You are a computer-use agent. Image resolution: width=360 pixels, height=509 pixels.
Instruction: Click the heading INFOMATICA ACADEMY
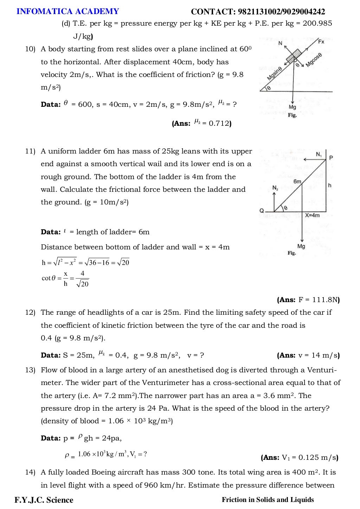pos(68,12)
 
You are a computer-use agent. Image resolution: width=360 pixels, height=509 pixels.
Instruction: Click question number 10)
pos(30,49)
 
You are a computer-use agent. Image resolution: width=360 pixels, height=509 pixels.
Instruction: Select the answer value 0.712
pos(219,124)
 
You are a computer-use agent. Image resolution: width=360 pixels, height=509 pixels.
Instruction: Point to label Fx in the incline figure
pos(321,42)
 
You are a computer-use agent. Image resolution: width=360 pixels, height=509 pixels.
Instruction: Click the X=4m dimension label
pos(312,215)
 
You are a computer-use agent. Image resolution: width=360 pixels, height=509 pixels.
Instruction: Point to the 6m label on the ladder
pos(297,181)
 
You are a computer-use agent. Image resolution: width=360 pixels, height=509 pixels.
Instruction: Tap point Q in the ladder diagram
pos(262,211)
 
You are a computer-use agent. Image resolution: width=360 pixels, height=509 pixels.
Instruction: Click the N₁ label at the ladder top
pos(319,155)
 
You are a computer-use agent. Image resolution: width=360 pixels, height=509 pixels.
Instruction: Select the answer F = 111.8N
pos(319,300)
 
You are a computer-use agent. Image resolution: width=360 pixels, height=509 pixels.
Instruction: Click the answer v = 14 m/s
pos(319,355)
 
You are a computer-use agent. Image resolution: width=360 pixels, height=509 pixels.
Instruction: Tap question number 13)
pos(30,370)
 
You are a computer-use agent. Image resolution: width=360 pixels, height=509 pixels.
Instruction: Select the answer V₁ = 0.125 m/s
pos(309,458)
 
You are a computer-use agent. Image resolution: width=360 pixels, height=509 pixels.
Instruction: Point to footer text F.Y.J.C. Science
pos(44,500)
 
